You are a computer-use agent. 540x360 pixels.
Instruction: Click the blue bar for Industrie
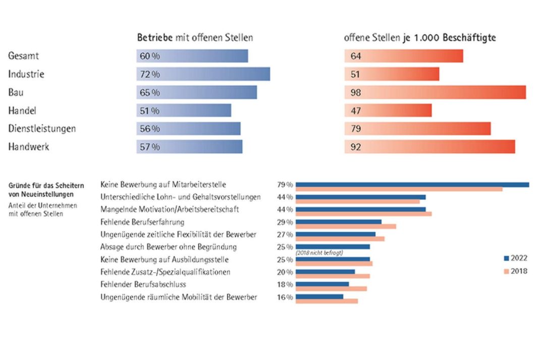pos(203,74)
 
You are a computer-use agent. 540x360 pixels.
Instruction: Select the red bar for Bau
pos(435,92)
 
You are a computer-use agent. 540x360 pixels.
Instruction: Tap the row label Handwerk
pos(29,147)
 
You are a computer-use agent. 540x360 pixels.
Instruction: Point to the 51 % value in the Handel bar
pos(149,111)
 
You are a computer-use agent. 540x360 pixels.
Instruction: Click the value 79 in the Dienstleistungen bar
pos(356,129)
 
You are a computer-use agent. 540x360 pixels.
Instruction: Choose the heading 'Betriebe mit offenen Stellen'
pos(195,38)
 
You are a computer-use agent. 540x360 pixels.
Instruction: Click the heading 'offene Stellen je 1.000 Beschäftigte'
pos(420,38)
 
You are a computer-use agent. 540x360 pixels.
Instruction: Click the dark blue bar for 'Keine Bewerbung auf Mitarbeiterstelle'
pos(412,185)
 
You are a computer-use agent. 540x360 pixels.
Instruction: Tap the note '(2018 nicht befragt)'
pos(319,252)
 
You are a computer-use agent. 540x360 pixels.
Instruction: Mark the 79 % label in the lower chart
pos(285,185)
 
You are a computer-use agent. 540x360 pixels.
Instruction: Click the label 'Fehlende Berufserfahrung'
pos(142,222)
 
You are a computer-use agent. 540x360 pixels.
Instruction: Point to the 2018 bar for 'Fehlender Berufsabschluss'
pos(331,289)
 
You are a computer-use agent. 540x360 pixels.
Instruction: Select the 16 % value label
pos(285,297)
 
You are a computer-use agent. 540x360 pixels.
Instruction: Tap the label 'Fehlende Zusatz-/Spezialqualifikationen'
pos(166,272)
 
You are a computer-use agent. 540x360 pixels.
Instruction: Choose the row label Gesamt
pos(24,56)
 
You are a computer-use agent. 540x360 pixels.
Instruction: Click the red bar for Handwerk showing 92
pos(429,147)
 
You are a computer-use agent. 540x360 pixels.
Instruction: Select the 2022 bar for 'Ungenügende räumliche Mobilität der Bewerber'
pos(319,296)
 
